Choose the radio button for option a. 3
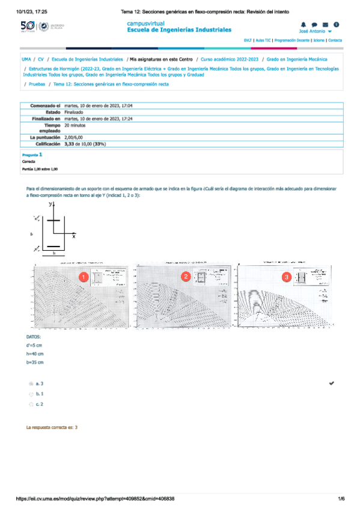[31, 383]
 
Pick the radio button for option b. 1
[31, 394]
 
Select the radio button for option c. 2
[31, 405]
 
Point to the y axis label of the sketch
[50, 204]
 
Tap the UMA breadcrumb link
[26, 60]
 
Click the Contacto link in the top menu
[335, 40]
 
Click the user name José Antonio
[312, 31]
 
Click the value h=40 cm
[35, 354]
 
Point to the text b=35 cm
[35, 363]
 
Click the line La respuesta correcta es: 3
[52, 426]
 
